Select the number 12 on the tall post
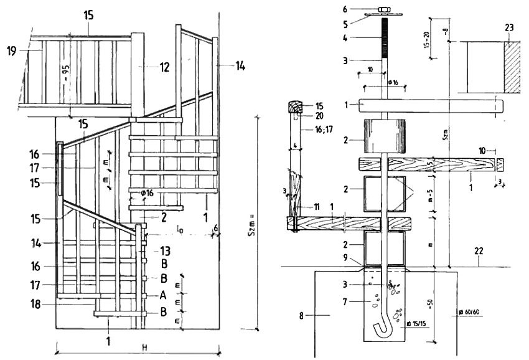click(164, 67)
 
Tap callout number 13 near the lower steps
click(165, 251)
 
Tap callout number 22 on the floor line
click(478, 251)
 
